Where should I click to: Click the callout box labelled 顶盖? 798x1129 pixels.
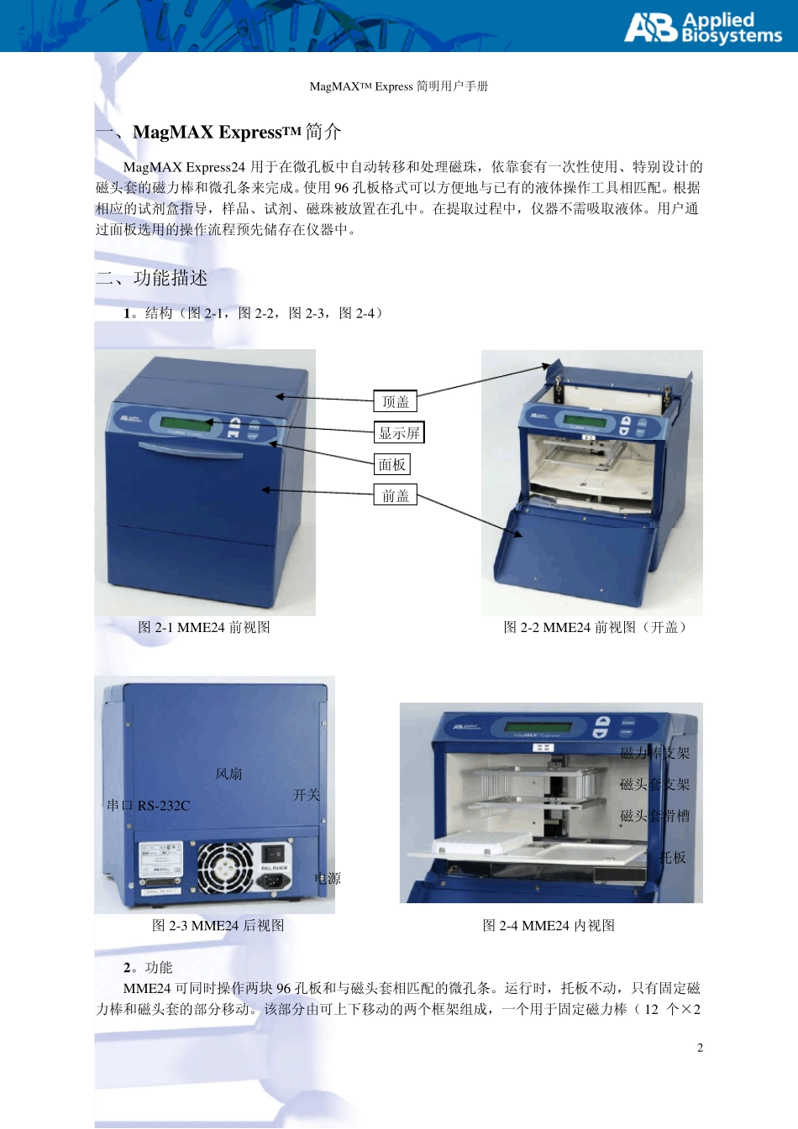(x=395, y=401)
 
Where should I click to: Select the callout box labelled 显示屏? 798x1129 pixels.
(x=399, y=432)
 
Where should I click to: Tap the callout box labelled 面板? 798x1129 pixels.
(x=391, y=464)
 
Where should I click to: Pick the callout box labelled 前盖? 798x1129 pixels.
(x=395, y=495)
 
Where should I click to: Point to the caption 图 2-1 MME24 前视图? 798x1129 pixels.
(x=204, y=627)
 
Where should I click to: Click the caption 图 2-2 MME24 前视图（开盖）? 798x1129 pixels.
(x=595, y=627)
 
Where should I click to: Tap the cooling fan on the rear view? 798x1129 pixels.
(x=224, y=867)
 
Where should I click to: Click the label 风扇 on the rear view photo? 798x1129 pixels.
(x=228, y=774)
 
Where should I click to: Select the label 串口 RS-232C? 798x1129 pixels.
(x=149, y=805)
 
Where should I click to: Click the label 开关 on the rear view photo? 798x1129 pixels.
(x=307, y=794)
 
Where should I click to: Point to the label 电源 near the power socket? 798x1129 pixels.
(x=328, y=878)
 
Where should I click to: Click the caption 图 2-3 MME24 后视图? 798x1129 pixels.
(x=218, y=925)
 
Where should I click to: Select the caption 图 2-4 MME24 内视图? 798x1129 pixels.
(x=549, y=925)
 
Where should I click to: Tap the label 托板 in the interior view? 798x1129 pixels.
(x=673, y=857)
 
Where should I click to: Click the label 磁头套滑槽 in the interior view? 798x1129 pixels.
(x=654, y=815)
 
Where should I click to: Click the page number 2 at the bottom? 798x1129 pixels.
(x=700, y=1048)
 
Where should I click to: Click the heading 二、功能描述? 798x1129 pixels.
(x=152, y=278)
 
